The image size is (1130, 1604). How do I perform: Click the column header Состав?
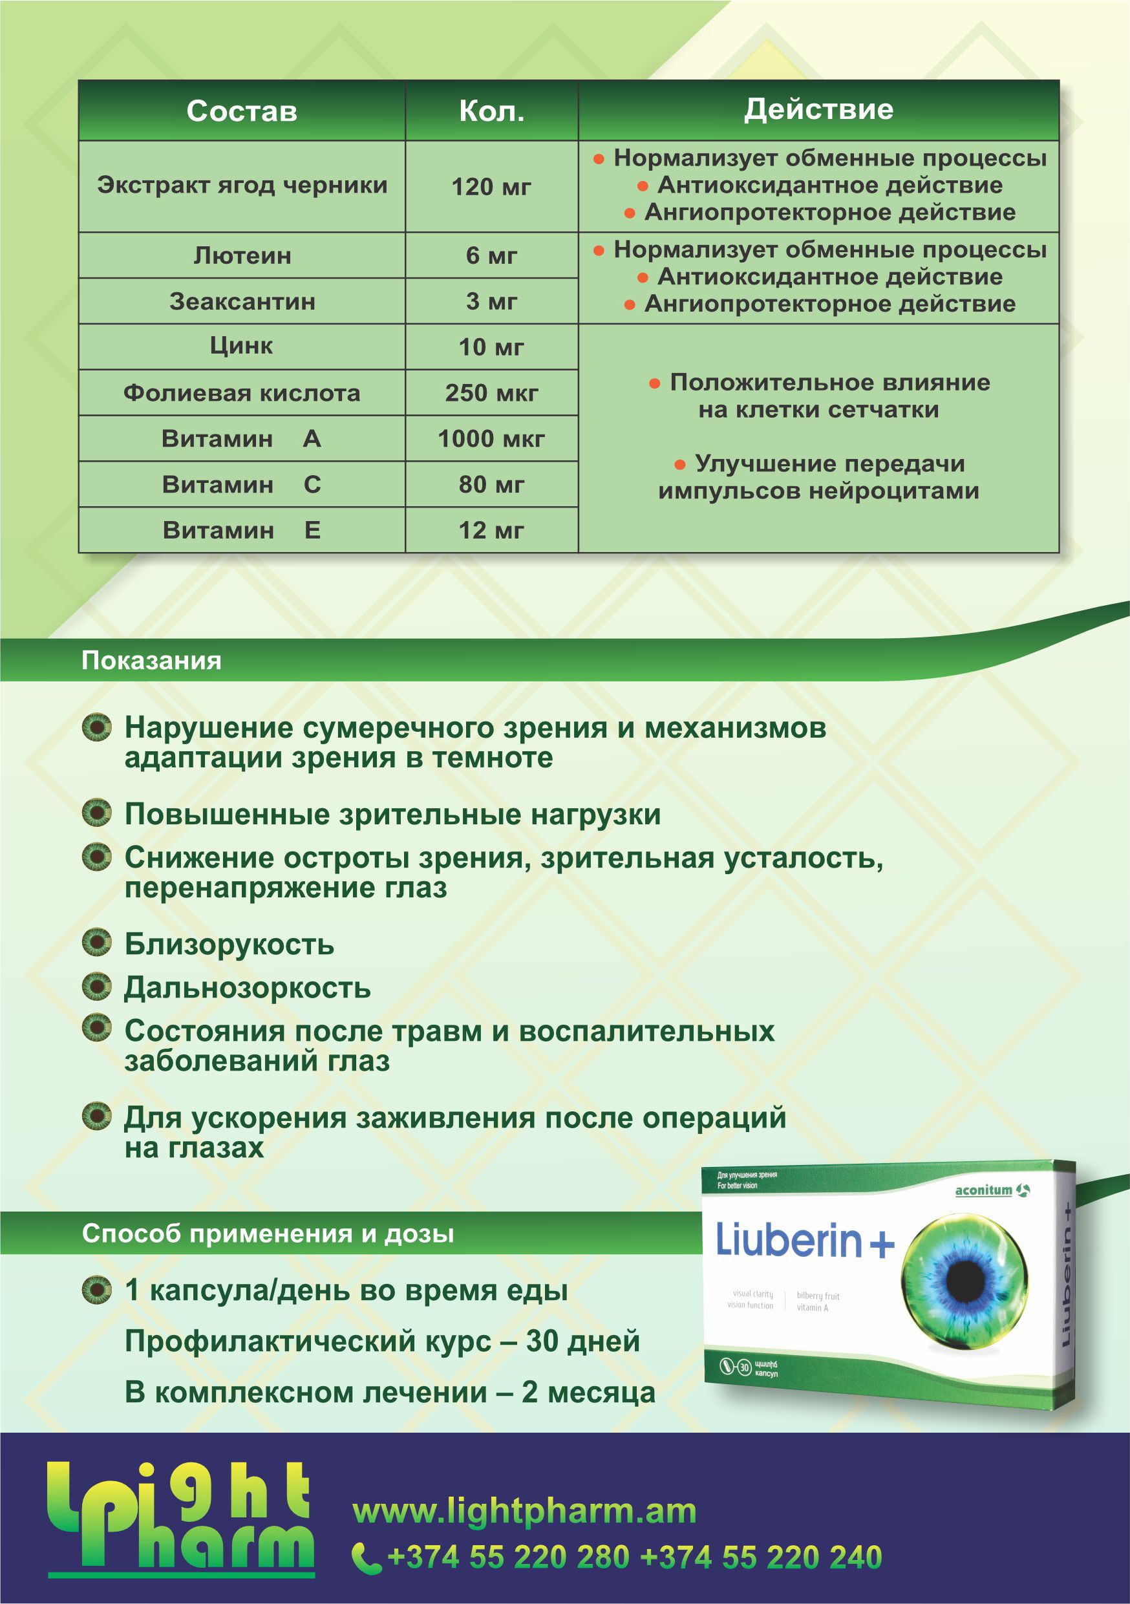point(242,111)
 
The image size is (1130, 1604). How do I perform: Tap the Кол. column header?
point(492,111)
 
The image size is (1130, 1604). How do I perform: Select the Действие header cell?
point(818,110)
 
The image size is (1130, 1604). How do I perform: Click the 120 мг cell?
point(492,187)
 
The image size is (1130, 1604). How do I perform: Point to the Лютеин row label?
point(242,255)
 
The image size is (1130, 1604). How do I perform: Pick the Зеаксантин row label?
point(242,302)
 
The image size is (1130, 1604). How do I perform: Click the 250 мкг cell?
point(492,392)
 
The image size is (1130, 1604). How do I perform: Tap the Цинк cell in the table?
point(242,347)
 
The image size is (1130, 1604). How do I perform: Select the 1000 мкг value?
point(492,439)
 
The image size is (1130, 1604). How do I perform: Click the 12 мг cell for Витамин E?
point(492,530)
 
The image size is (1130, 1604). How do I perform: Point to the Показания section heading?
point(151,661)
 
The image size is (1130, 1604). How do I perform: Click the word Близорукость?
point(229,945)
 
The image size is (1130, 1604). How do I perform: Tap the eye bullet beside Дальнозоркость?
point(96,987)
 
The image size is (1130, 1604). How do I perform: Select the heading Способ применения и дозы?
point(268,1234)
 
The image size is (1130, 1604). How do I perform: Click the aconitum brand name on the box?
point(983,1190)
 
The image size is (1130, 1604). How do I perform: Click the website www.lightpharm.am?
point(524,1511)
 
